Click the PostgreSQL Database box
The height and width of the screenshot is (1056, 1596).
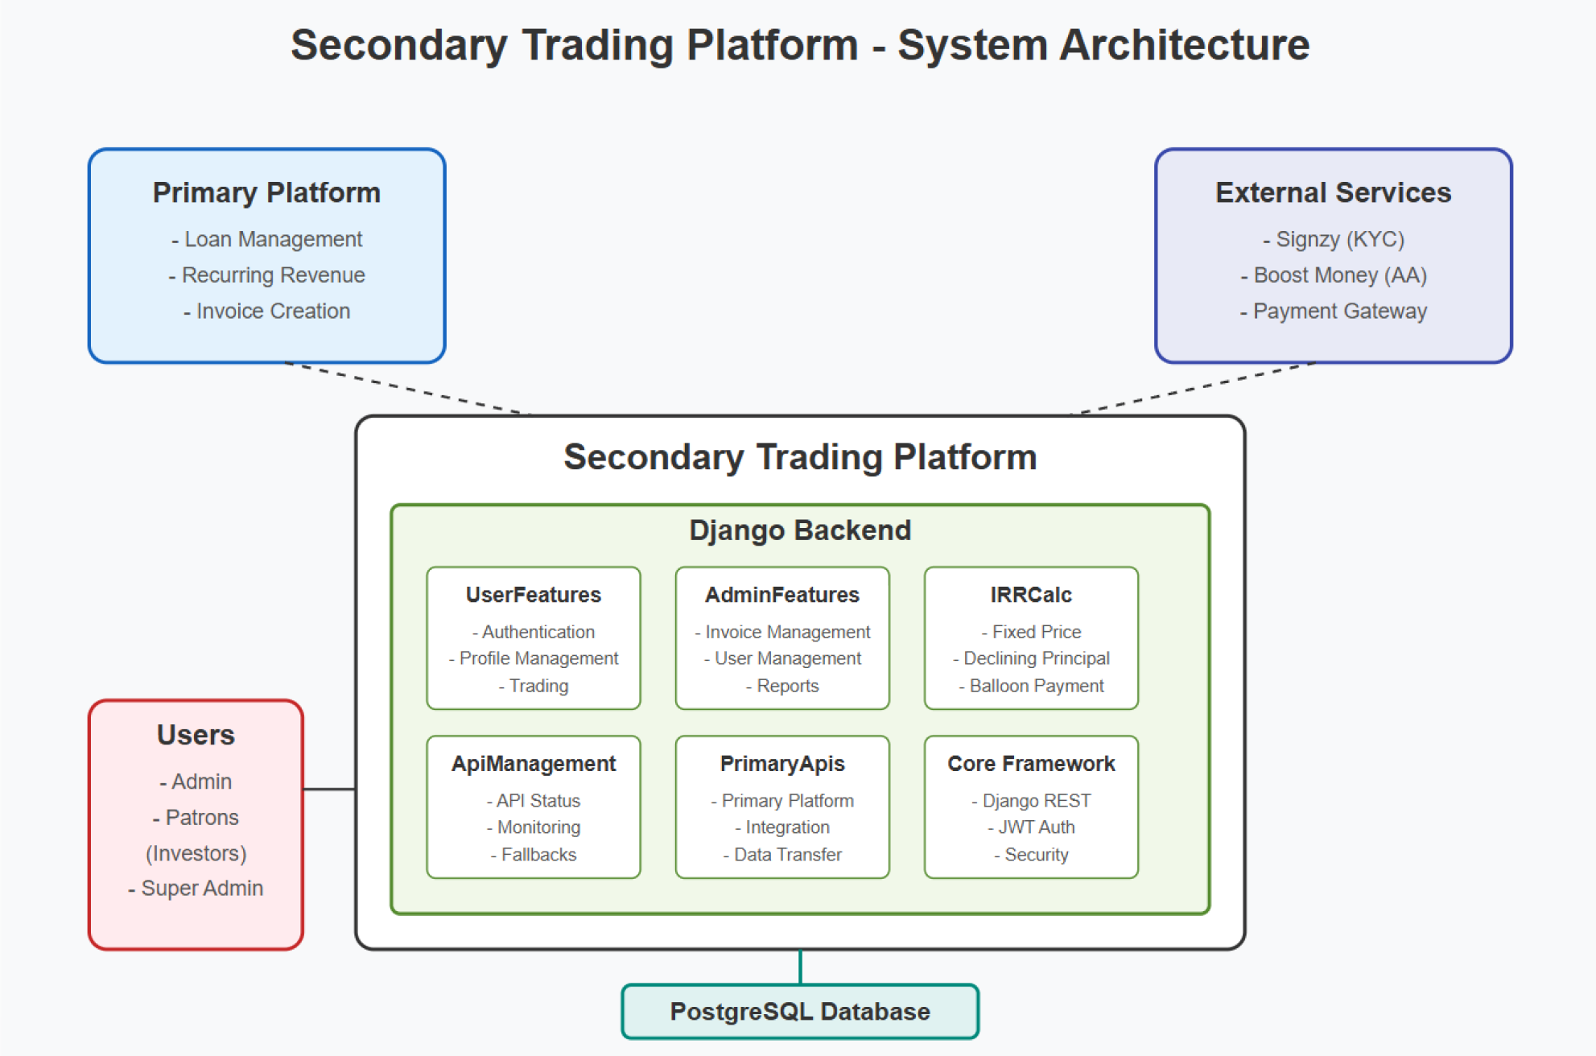click(800, 1011)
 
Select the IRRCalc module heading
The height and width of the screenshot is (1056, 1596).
click(1031, 595)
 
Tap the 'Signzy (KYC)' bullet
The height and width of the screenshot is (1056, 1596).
click(1334, 239)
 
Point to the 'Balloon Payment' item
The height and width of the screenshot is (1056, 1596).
click(1031, 686)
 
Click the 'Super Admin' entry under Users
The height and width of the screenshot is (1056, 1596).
click(196, 888)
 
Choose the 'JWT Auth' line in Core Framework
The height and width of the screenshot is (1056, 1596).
click(1031, 827)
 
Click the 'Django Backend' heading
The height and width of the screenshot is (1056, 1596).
click(800, 530)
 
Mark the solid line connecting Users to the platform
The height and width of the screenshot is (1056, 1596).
click(330, 789)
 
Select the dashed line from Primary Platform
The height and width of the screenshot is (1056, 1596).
click(406, 388)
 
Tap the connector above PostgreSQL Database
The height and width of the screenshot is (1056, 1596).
click(800, 967)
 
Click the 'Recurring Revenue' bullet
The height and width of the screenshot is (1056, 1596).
click(266, 275)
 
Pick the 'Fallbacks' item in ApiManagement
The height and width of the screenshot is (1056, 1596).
click(534, 854)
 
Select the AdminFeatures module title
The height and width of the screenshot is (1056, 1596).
click(782, 595)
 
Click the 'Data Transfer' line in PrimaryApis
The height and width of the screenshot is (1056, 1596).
click(782, 854)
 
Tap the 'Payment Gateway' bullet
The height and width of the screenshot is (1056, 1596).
click(1334, 311)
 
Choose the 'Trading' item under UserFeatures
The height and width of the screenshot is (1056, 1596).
click(534, 686)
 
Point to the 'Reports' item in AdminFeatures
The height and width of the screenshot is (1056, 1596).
click(782, 686)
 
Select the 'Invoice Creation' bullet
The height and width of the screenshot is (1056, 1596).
click(266, 311)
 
